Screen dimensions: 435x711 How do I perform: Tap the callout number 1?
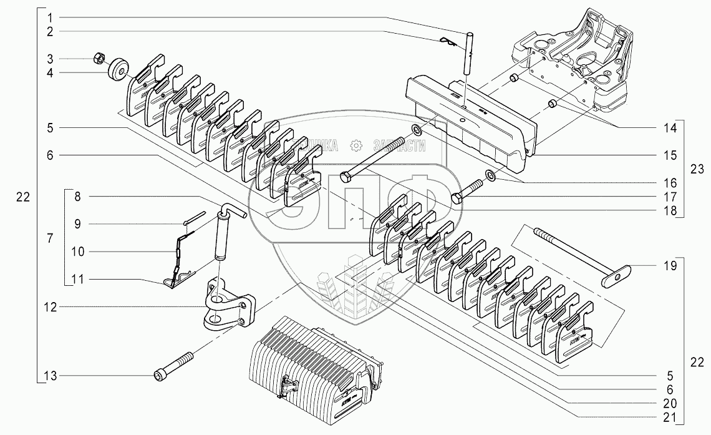click(x=49, y=16)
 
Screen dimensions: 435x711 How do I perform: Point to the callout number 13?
click(x=49, y=376)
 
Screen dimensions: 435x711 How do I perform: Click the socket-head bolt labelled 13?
click(x=173, y=365)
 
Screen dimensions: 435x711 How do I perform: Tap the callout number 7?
click(x=49, y=238)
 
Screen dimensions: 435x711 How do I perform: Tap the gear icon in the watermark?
click(x=356, y=146)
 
